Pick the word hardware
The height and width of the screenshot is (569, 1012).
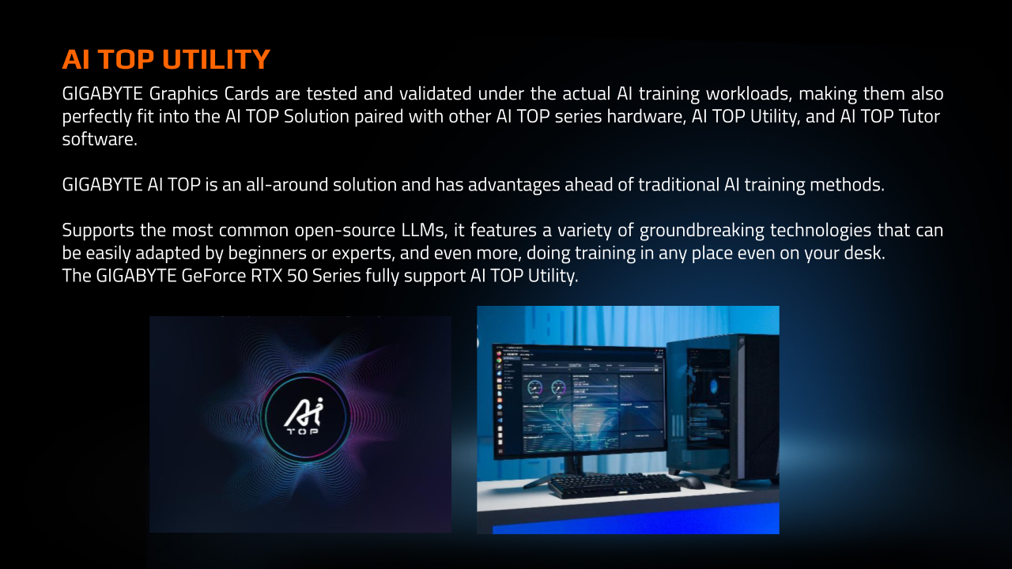[x=639, y=116]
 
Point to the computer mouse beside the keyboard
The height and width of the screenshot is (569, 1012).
[x=689, y=481]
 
